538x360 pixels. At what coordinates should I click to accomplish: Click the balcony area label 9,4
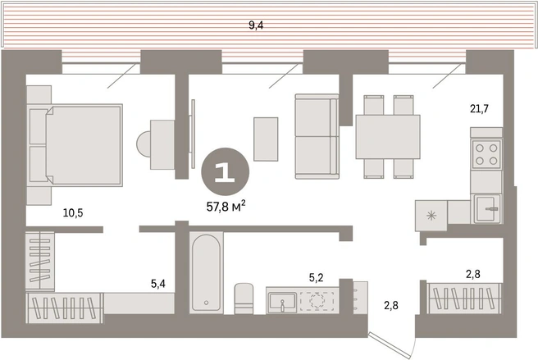pos(256,25)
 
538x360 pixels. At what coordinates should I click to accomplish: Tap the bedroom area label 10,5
pos(73,213)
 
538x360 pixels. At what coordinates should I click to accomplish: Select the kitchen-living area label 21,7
pos(479,109)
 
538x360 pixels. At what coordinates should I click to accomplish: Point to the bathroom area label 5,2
pos(316,277)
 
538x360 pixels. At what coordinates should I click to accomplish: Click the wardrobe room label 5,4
pos(158,284)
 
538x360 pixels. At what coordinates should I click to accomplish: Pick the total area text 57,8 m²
pos(226,206)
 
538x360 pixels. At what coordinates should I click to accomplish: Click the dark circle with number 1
pos(225,171)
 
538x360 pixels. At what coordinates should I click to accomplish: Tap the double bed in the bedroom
pos(75,145)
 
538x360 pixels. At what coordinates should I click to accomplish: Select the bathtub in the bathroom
pos(206,272)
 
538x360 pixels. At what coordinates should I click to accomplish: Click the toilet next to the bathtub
pos(244,298)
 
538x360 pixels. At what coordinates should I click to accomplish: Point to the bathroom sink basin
pos(282,302)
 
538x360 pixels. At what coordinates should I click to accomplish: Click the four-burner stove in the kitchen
pos(486,154)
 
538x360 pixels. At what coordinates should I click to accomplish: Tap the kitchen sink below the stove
pos(487,208)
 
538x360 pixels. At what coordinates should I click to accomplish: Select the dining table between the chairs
pos(388,137)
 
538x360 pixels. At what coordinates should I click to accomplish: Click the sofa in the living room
pos(317,137)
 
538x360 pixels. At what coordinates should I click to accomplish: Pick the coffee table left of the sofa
pos(266,139)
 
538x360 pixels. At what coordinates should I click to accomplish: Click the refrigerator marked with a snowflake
pos(431,216)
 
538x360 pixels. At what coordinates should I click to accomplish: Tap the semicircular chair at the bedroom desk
pos(143,144)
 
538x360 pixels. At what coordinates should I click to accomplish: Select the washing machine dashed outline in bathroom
pos(317,301)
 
